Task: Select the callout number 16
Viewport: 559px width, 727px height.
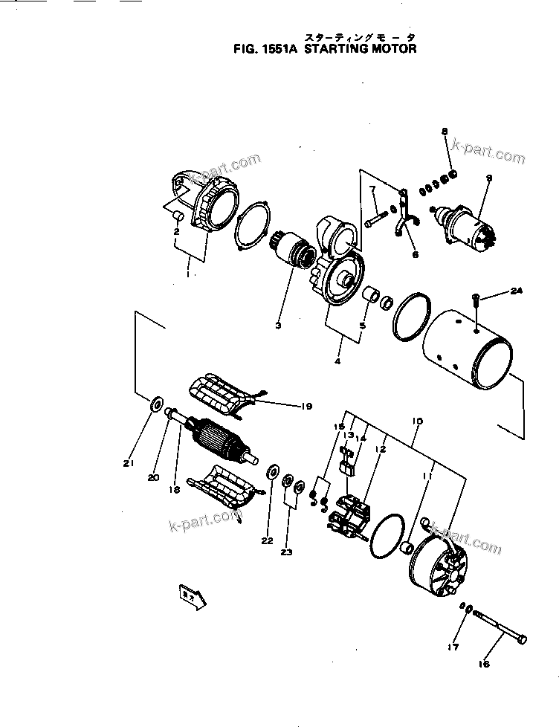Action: [484, 665]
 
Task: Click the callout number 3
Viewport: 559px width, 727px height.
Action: [277, 325]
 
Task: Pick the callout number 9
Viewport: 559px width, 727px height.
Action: [490, 178]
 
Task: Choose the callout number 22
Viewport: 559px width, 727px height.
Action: [267, 540]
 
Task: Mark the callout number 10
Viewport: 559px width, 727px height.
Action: [417, 421]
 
